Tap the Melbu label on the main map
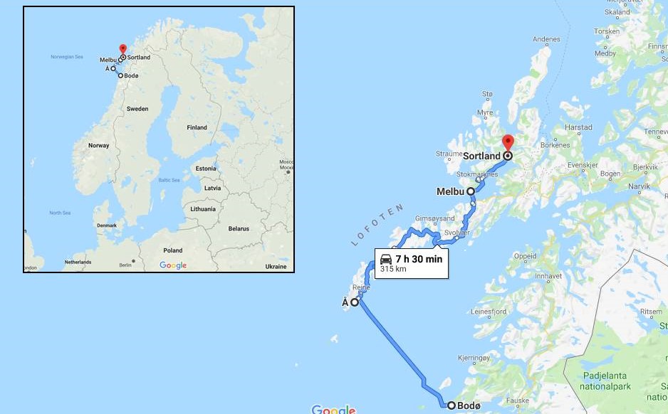coord(450,191)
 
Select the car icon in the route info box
coord(386,259)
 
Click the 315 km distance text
coord(393,269)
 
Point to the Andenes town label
coord(546,39)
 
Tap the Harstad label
coord(578,127)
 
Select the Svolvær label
coord(456,233)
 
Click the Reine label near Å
coord(361,287)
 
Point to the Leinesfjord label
coord(489,312)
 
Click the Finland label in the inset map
coord(197,127)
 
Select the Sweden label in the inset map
coord(137,109)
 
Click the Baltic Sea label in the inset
coord(169,181)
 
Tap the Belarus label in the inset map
coord(239,229)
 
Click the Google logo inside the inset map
coord(173,265)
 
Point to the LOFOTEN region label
coord(377,225)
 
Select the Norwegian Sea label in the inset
coord(67,57)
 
